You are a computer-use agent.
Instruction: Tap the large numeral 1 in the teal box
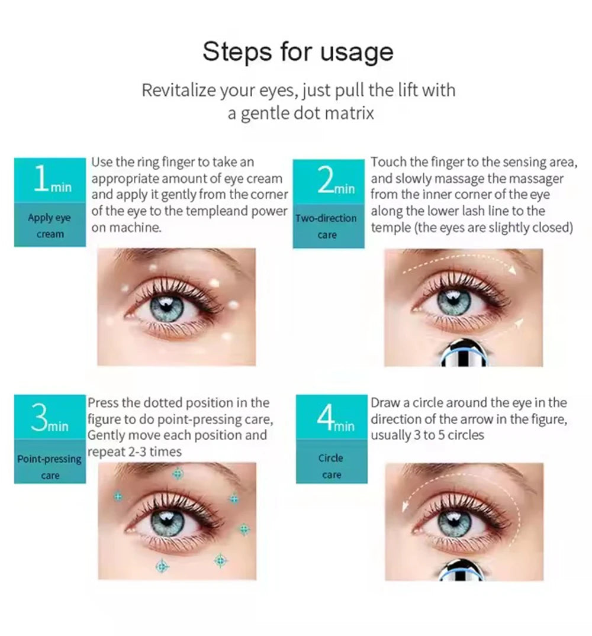pyautogui.click(x=41, y=178)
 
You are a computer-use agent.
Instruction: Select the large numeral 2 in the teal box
pyautogui.click(x=325, y=180)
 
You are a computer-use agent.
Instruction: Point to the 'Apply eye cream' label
pyautogui.click(x=50, y=225)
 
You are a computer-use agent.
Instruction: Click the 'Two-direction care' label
pyautogui.click(x=326, y=227)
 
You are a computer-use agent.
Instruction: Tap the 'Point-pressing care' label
pyautogui.click(x=50, y=467)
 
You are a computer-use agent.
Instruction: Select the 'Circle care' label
pyautogui.click(x=331, y=466)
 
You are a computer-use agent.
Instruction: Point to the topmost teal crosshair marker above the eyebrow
pyautogui.click(x=178, y=473)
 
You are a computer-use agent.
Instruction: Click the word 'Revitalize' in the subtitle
pyautogui.click(x=179, y=90)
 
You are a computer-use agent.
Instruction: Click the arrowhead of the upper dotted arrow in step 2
pyautogui.click(x=513, y=269)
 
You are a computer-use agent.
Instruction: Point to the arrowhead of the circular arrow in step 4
pyautogui.click(x=404, y=506)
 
